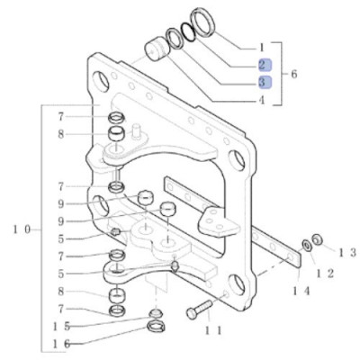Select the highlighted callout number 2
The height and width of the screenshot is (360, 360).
pos(262,64)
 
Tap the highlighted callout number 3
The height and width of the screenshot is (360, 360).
pos(262,82)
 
